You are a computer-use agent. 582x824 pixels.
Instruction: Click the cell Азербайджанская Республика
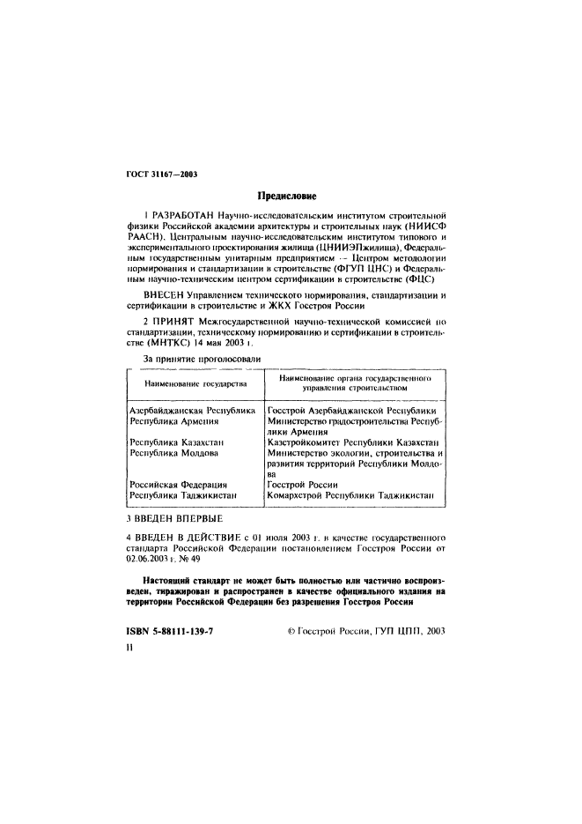tap(192, 410)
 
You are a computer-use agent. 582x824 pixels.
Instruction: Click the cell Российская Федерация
tap(178, 484)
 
